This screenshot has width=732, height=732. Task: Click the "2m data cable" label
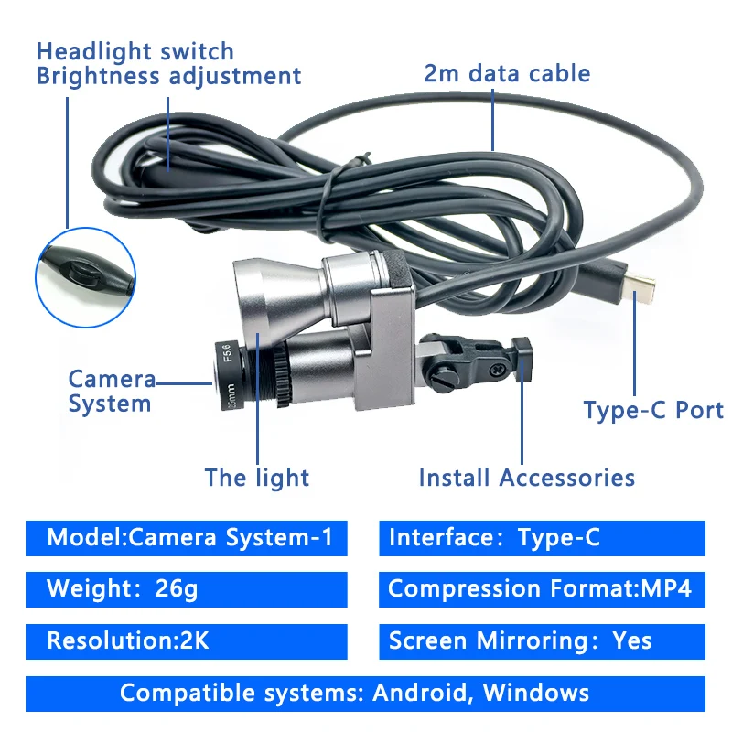click(507, 73)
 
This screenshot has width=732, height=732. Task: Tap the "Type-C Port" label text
click(653, 411)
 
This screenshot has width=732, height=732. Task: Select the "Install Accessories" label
click(526, 477)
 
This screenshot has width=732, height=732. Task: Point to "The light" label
click(257, 477)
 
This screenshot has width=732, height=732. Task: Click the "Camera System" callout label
click(111, 392)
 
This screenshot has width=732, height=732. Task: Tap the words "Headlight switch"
click(135, 51)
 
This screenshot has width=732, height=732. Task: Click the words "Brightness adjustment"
click(168, 76)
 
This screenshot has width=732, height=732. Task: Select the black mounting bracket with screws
click(472, 361)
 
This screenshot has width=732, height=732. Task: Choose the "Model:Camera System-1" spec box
click(187, 537)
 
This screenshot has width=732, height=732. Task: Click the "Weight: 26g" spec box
click(187, 589)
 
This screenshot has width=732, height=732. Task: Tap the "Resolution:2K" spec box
click(187, 641)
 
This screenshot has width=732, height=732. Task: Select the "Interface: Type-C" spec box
click(542, 537)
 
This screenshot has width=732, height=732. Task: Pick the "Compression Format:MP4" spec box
click(542, 589)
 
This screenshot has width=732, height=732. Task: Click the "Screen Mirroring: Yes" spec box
click(542, 641)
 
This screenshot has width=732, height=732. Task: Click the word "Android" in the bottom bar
click(421, 693)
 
